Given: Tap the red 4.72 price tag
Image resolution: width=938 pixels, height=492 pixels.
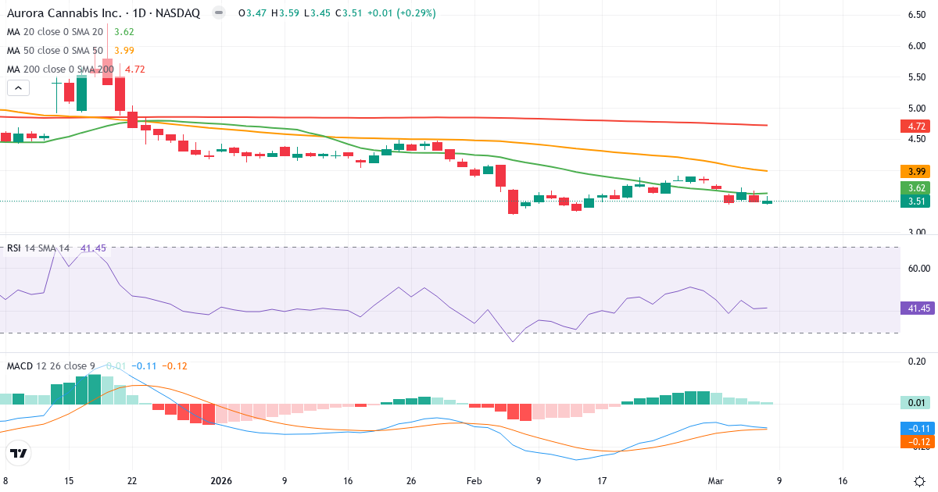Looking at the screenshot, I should coord(914,126).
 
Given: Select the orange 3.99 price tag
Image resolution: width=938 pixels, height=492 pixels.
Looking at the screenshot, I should coord(914,172).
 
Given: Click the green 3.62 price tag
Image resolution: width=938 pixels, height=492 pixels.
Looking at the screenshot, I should coord(914,188).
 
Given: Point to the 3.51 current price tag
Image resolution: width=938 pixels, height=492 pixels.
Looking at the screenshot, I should coord(914,201).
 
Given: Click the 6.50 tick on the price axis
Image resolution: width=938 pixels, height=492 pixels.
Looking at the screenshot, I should coord(916,15).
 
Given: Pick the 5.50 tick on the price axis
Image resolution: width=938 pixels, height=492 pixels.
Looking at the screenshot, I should coord(916,77).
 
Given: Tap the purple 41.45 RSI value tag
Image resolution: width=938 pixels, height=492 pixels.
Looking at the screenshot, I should coord(914,308).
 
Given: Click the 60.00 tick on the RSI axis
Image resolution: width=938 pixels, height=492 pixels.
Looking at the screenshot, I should coord(916,268).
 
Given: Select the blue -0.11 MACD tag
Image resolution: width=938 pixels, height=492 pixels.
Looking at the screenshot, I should coord(914,429).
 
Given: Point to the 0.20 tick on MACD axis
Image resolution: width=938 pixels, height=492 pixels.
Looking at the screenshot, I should coord(916,362).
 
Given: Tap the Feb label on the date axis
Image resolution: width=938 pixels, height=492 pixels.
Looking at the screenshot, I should coord(474,481).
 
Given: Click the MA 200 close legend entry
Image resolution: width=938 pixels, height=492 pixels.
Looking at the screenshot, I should coord(60,70).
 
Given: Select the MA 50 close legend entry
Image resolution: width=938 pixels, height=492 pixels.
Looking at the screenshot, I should coord(55,51).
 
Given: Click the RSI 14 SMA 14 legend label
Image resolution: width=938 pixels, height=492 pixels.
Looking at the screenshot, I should coord(38,248).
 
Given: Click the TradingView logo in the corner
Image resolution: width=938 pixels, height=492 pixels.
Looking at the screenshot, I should coord(19,453).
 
